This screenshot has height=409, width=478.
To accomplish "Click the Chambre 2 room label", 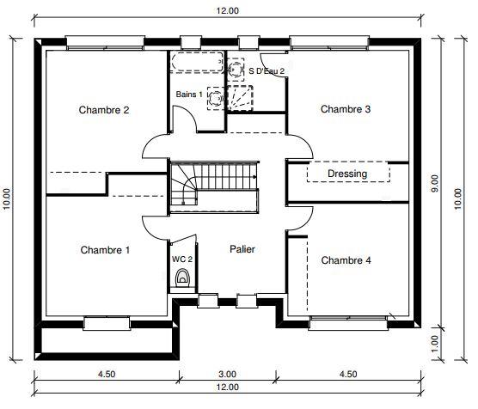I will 104,110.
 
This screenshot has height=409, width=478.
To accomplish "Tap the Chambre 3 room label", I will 346,109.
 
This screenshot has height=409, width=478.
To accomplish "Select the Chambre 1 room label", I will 105,251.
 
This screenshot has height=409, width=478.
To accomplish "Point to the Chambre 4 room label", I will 346,260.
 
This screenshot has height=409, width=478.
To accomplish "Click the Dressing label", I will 347,174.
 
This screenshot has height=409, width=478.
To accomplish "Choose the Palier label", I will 242,249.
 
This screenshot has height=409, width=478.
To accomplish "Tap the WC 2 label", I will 182,259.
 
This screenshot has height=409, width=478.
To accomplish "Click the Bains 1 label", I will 189,95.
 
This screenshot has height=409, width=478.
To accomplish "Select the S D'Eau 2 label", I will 267,71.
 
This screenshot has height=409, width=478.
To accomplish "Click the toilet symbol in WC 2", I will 182,278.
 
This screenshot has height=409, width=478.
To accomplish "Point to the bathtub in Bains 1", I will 196,64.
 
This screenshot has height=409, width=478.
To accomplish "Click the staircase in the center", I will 213,186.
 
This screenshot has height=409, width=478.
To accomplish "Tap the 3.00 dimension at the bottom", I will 227,374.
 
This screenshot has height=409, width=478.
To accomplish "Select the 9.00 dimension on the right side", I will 435,184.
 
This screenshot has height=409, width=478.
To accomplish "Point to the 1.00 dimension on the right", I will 435,341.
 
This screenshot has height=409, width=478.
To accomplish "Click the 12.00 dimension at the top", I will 227,9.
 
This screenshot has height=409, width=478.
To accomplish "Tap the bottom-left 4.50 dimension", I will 107,374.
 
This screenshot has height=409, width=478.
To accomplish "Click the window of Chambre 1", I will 107,323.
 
